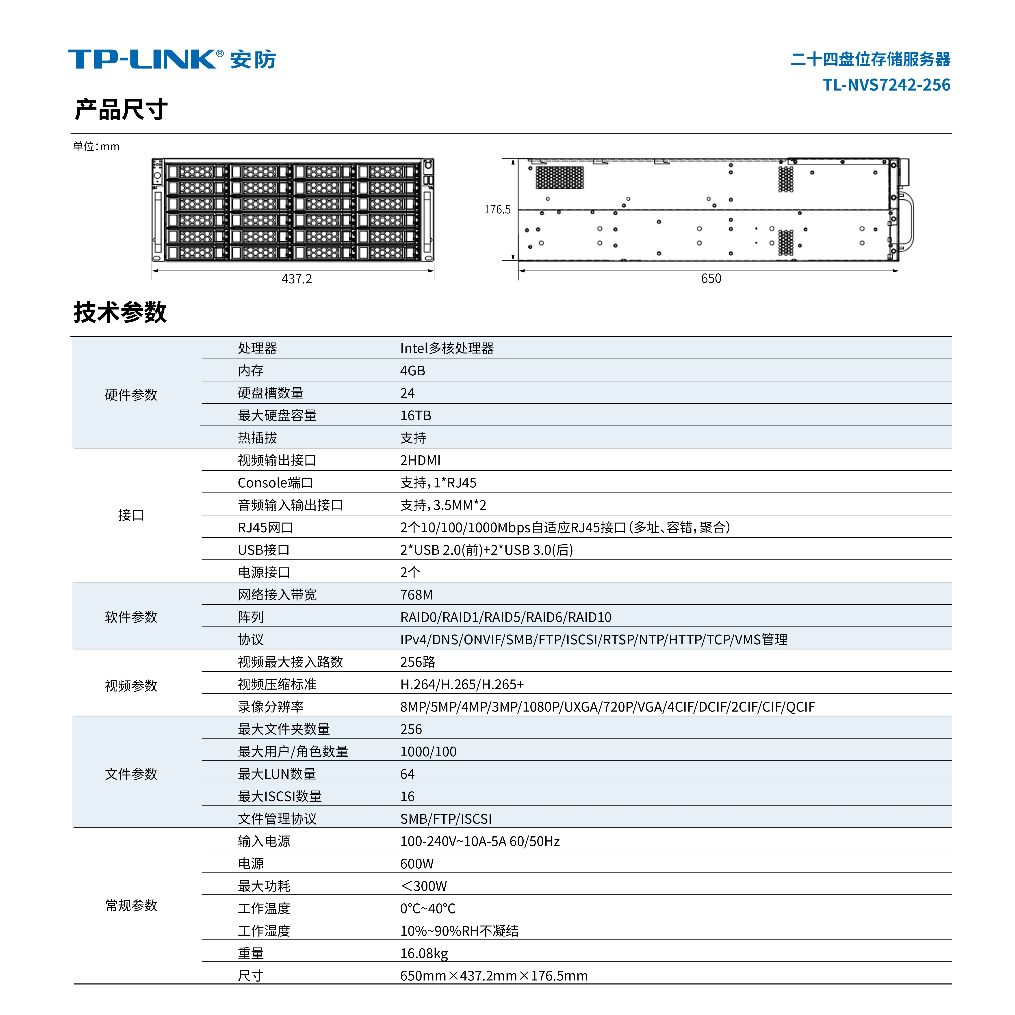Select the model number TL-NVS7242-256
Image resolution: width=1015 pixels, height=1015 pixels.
(x=886, y=84)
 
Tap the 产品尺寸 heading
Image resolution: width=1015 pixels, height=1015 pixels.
(x=121, y=109)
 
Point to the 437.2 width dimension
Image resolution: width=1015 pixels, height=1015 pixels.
(x=296, y=279)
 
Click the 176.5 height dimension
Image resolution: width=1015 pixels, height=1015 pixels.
(x=497, y=210)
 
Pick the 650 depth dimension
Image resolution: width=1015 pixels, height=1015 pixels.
(x=711, y=278)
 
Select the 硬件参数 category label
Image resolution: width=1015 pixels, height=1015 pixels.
(x=131, y=394)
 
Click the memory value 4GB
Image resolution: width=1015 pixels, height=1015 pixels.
(x=412, y=371)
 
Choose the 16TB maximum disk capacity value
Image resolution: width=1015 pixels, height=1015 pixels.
(x=416, y=416)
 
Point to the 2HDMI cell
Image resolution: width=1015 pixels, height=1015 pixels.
(x=420, y=460)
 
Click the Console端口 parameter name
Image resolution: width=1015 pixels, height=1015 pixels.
(x=275, y=483)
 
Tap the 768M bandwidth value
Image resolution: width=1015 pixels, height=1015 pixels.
(x=416, y=595)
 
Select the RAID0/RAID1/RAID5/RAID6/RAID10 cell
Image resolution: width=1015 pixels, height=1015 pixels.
(x=505, y=617)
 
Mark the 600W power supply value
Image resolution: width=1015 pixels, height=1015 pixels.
(x=417, y=864)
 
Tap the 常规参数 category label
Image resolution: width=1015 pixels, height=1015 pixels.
(x=131, y=905)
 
